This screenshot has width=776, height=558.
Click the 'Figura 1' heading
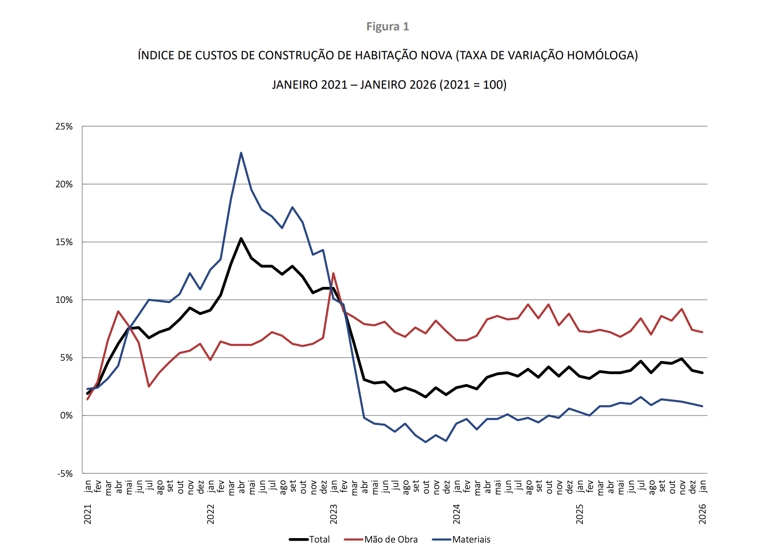click(388, 26)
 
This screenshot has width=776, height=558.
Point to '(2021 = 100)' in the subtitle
click(473, 85)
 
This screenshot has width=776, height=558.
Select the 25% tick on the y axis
click(64, 127)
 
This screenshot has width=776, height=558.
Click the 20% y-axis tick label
click(64, 184)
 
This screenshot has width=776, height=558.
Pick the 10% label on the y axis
click(64, 300)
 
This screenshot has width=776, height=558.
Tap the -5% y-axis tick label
click(64, 473)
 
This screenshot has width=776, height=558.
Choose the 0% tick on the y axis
click(66, 416)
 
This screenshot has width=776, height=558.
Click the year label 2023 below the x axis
click(334, 514)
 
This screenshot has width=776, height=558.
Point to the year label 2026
click(703, 514)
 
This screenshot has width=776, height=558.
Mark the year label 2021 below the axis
click(88, 514)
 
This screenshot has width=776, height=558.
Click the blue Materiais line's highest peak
click(241, 153)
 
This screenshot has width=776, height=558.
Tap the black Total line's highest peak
click(241, 239)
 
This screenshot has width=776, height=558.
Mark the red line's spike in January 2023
click(333, 273)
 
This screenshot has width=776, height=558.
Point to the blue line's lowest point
click(426, 442)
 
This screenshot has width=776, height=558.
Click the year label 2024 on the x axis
click(457, 514)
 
